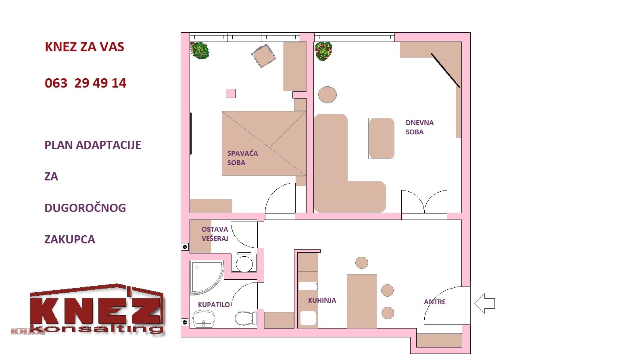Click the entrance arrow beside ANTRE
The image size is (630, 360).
click(x=484, y=303)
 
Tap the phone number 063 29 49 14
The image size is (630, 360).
click(x=86, y=83)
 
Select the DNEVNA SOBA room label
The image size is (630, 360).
click(x=419, y=127)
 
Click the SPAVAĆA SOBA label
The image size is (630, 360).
click(x=242, y=158)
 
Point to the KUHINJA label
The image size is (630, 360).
click(x=322, y=300)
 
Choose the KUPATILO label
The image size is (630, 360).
click(x=214, y=305)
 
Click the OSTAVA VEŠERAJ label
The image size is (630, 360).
click(x=215, y=234)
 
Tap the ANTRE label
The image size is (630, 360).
click(x=435, y=302)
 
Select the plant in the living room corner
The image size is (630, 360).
click(x=323, y=51)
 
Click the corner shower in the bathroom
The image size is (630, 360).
click(x=207, y=277)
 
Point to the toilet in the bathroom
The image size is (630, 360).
click(x=246, y=318)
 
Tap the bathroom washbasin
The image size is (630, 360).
click(x=204, y=319)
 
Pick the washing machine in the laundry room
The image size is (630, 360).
click(x=244, y=262)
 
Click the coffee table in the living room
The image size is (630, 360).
click(x=382, y=138)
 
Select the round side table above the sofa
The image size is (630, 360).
click(x=327, y=94)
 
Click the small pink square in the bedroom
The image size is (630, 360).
click(x=231, y=93)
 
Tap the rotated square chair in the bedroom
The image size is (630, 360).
click(x=263, y=56)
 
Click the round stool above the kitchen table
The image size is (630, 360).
click(x=362, y=263)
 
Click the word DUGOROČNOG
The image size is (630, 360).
click(x=85, y=208)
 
